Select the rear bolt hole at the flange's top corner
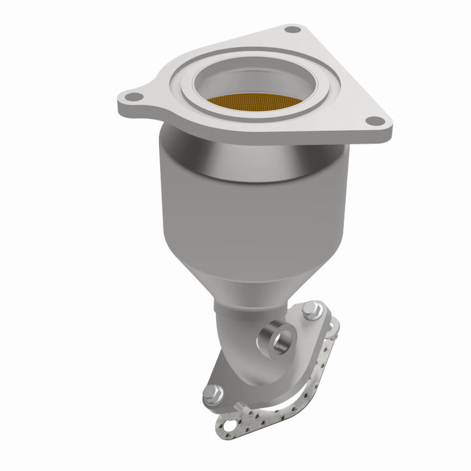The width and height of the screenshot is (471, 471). [x=292, y=30]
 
